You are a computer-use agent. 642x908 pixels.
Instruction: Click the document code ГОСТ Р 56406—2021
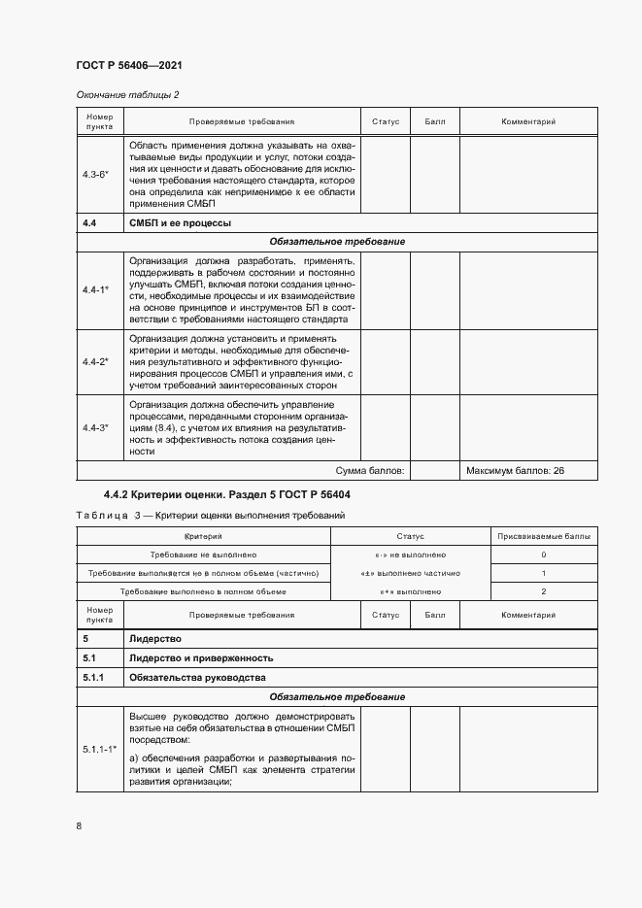129,65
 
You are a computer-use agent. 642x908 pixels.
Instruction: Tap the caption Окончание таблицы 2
127,94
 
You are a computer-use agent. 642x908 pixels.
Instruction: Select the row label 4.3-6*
96,175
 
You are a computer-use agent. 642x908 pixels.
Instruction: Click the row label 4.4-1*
96,289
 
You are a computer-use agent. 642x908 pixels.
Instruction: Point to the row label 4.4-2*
96,361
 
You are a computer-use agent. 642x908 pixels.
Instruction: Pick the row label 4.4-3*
96,427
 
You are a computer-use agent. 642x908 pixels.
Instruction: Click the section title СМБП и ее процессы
180,223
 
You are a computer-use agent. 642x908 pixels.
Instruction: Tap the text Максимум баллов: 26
515,471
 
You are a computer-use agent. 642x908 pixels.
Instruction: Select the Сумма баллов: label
370,471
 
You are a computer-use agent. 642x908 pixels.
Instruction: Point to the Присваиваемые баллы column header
542,536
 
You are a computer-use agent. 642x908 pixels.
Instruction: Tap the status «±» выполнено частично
409,573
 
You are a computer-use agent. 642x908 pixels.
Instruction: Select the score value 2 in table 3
543,591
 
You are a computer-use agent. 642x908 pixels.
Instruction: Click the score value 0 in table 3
543,555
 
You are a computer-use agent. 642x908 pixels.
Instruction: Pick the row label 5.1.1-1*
99,750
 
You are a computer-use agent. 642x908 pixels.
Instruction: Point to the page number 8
79,825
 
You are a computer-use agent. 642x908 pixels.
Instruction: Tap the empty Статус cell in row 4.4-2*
386,361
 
